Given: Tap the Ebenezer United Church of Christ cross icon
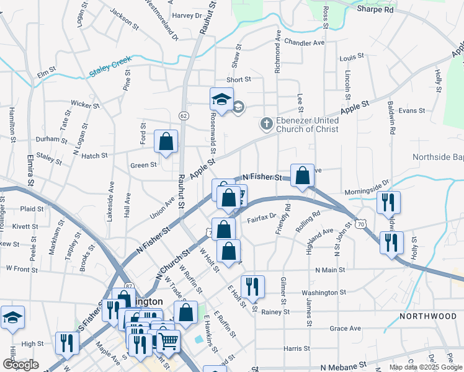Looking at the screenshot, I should [x=267, y=123].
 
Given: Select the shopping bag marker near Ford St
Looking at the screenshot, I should [x=166, y=141].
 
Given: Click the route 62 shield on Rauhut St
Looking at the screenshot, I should [x=183, y=115].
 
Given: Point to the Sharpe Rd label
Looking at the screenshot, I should [x=375, y=10].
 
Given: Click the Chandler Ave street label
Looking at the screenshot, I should [x=305, y=43].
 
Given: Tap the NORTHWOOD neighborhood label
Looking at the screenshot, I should [x=428, y=316].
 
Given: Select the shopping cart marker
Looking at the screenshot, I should [x=168, y=340].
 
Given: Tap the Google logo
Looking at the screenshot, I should [x=20, y=365].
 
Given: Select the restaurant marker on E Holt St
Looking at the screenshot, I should [x=252, y=286].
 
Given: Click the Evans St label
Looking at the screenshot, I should [x=412, y=110].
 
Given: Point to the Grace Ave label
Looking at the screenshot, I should [x=346, y=328].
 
